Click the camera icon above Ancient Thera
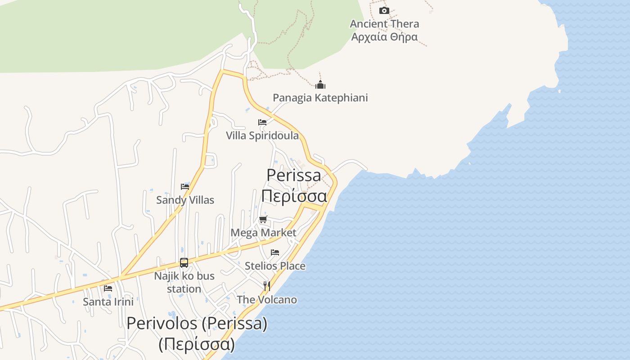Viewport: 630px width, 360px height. click(x=384, y=11)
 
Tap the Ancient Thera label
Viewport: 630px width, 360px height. click(x=384, y=24)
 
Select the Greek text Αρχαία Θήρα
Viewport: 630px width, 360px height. click(x=384, y=37)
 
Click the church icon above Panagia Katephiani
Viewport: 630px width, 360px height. click(x=320, y=85)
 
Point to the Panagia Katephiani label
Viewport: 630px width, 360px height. click(x=320, y=98)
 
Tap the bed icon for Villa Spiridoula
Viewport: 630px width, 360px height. click(x=262, y=122)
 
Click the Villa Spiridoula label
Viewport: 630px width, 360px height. click(x=262, y=135)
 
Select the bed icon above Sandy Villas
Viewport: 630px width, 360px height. click(x=185, y=187)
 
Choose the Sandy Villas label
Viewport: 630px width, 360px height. click(x=185, y=200)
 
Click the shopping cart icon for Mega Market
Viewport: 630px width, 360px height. click(x=263, y=220)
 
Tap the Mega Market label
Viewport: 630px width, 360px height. click(x=263, y=233)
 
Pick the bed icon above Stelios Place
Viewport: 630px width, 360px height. click(x=275, y=252)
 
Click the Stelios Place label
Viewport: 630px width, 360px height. click(x=275, y=266)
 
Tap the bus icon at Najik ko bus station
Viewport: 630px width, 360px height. click(x=184, y=263)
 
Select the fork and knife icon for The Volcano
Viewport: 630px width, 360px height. click(x=267, y=286)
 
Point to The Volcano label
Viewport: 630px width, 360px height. click(x=267, y=300)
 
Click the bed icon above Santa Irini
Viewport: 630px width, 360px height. click(x=108, y=288)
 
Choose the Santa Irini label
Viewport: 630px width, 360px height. click(x=108, y=301)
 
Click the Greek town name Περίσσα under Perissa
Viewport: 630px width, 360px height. click(x=294, y=196)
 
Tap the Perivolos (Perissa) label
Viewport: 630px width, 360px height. click(x=197, y=323)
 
